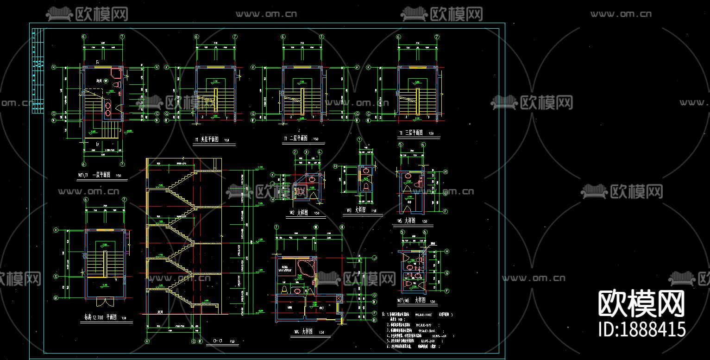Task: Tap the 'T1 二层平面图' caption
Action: pyautogui.click(x=296, y=139)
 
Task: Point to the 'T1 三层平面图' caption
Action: pyautogui.click(x=412, y=133)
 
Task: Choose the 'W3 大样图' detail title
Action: pyautogui.click(x=358, y=210)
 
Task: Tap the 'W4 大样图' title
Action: pyautogui.click(x=303, y=332)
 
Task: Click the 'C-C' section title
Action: pyautogui.click(x=218, y=341)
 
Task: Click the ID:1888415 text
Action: pyautogui.click(x=642, y=329)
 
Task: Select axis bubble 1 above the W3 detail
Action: pyautogui.click(x=359, y=139)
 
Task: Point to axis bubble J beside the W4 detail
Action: pyautogui.click(x=375, y=258)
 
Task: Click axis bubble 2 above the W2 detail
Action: pyautogui.click(x=295, y=152)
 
